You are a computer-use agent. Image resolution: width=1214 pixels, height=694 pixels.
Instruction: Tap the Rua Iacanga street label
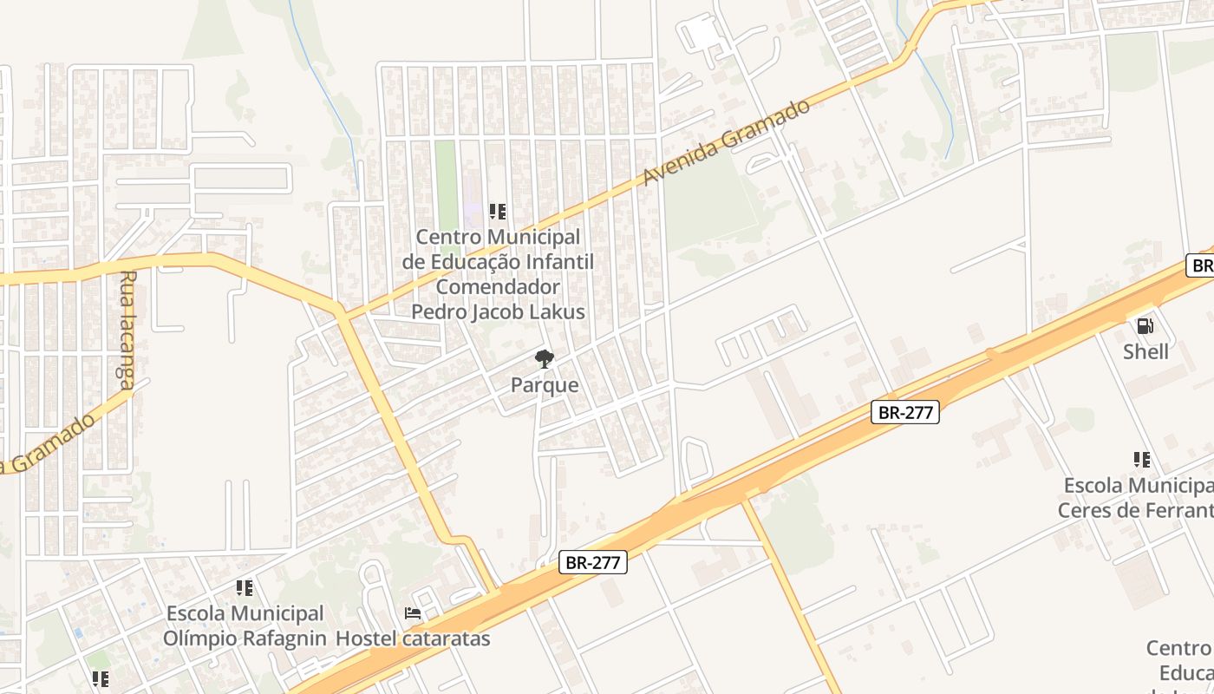click(x=127, y=328)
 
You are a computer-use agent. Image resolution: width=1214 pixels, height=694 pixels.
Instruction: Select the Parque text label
click(x=545, y=384)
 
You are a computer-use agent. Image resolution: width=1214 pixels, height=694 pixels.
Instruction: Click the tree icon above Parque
click(x=545, y=359)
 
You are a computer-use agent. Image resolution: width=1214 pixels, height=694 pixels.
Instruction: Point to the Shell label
click(x=1145, y=351)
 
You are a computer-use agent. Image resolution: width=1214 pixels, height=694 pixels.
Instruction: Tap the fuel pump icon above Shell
click(x=1145, y=326)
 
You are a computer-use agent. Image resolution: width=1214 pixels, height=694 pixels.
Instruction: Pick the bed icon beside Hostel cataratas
click(x=413, y=613)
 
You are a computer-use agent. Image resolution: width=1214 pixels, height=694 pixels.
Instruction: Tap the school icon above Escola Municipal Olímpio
click(x=245, y=588)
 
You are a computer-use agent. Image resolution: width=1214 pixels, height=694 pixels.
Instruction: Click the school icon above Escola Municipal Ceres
click(x=1142, y=460)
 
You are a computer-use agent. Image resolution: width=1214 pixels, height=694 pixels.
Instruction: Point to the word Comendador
click(x=498, y=286)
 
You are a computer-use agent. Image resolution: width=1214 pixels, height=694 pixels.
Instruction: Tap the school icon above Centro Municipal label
click(x=498, y=211)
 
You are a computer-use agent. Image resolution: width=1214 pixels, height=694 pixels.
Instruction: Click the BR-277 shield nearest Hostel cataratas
click(x=593, y=562)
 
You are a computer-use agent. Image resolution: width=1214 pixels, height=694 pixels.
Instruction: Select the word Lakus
click(x=559, y=311)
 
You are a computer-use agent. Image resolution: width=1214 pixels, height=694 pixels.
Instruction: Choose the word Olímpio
click(x=195, y=638)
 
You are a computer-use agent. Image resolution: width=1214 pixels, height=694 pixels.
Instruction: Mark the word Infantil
click(x=558, y=261)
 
